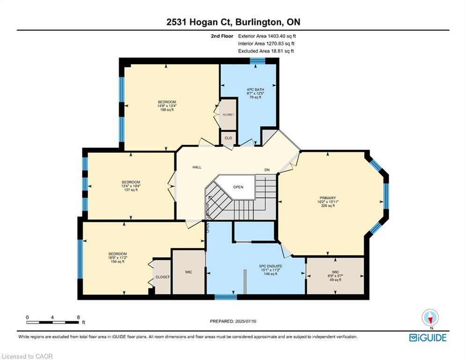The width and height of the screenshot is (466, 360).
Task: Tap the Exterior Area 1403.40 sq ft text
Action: point(267,36)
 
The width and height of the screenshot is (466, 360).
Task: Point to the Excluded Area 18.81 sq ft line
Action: point(266,51)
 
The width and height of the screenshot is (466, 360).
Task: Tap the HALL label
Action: point(197,167)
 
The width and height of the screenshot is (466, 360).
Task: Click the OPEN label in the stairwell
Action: point(238,187)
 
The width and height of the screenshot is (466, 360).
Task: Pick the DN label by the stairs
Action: point(267,170)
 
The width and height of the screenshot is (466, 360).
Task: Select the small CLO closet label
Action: point(228,138)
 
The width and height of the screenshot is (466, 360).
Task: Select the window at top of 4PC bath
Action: point(257,60)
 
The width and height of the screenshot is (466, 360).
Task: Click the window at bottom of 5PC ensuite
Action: point(225,297)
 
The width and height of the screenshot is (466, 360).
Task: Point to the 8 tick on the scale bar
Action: point(77,317)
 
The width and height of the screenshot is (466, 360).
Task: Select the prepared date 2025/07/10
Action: point(233,321)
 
